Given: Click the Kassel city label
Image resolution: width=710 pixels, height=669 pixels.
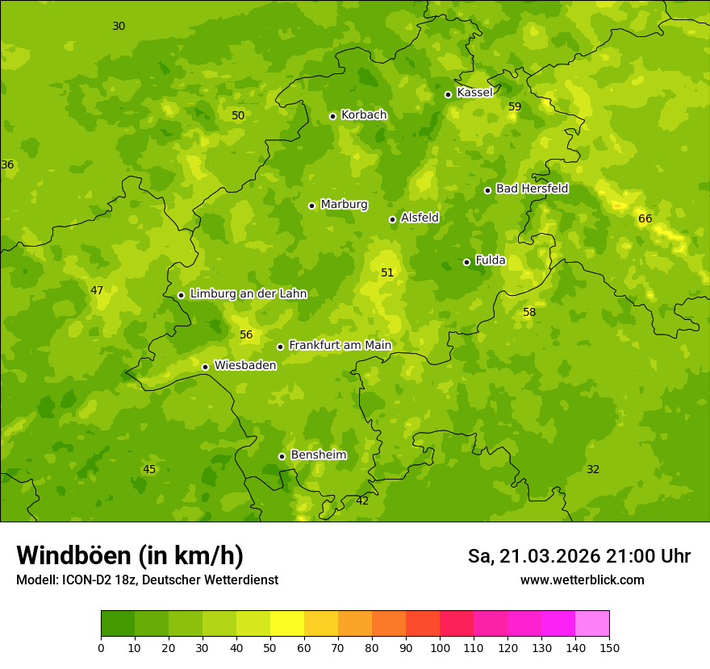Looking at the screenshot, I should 474,93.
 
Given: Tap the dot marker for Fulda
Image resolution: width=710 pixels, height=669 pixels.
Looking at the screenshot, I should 466,262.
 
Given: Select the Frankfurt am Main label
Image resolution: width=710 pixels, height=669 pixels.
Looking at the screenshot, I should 340,346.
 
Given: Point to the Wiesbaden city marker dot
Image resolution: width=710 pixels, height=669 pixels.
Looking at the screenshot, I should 205,367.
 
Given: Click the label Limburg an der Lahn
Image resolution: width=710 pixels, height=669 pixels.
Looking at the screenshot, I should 248,294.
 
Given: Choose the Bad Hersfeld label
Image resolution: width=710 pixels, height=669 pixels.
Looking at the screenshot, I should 532,189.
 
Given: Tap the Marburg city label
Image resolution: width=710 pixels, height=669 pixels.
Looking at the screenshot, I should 344,205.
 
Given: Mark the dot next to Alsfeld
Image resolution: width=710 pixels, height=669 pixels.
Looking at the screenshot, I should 392,219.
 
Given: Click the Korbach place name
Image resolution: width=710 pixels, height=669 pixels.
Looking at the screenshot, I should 364,115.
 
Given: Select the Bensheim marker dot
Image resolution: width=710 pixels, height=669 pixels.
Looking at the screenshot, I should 282,456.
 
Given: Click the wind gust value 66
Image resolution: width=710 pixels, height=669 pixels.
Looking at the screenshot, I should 645,219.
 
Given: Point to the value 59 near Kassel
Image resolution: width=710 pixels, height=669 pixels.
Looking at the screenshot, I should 515,107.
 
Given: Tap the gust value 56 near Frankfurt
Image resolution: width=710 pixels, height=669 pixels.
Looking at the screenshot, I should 246,335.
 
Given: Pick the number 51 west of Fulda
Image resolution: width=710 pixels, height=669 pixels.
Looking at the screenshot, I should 387,273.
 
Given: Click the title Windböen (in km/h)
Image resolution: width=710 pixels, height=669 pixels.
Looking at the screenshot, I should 130,555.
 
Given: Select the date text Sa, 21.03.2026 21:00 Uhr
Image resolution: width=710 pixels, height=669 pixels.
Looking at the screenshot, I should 578,556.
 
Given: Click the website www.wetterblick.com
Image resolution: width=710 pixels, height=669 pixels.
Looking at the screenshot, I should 582,580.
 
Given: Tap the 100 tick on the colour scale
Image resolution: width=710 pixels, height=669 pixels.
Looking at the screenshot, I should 440,647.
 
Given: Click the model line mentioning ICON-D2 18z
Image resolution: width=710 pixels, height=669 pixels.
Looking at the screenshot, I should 147,580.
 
